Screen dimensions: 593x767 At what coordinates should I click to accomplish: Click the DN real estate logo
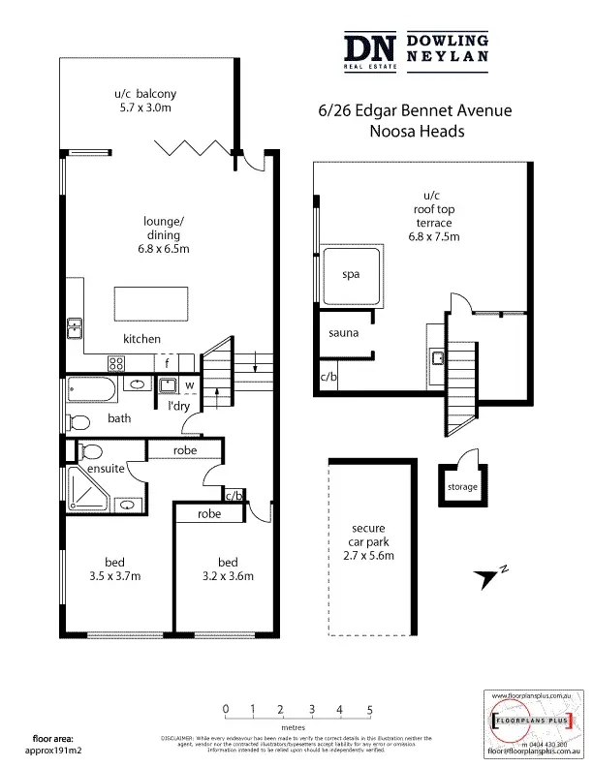[x=369, y=50]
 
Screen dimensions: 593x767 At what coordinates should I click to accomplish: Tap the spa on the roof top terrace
[x=351, y=275]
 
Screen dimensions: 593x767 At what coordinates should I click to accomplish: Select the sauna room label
[x=344, y=333]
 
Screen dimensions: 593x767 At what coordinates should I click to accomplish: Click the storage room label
[x=462, y=486]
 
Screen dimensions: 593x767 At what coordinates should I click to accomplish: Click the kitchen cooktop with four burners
[x=117, y=364]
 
